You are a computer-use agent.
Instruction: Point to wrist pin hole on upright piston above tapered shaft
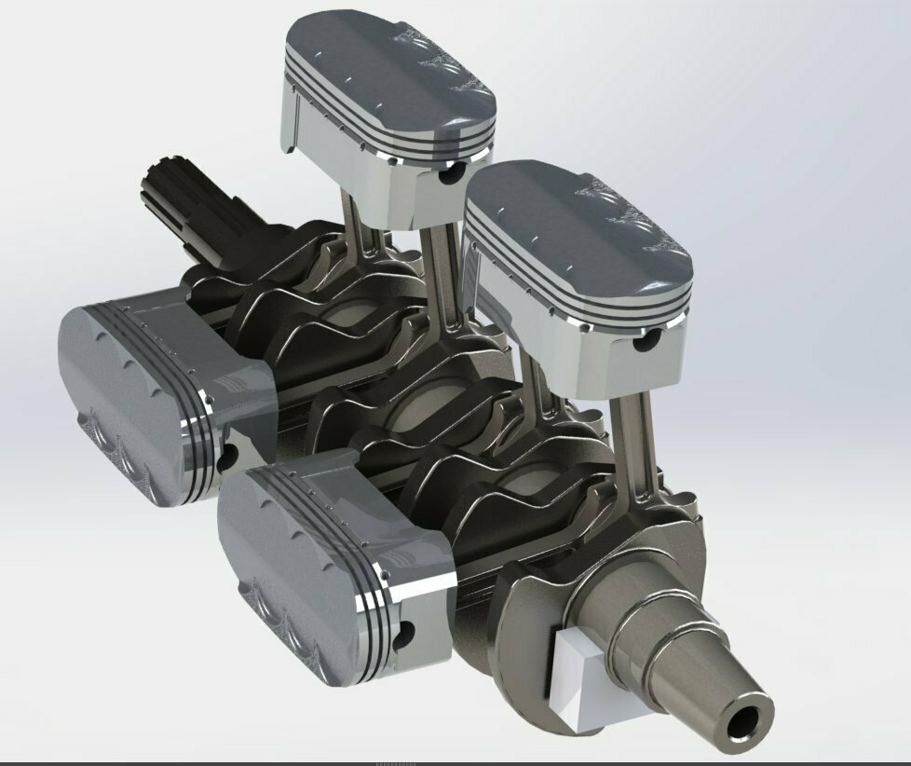[642, 342]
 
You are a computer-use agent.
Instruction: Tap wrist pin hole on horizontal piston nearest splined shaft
[225, 454]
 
